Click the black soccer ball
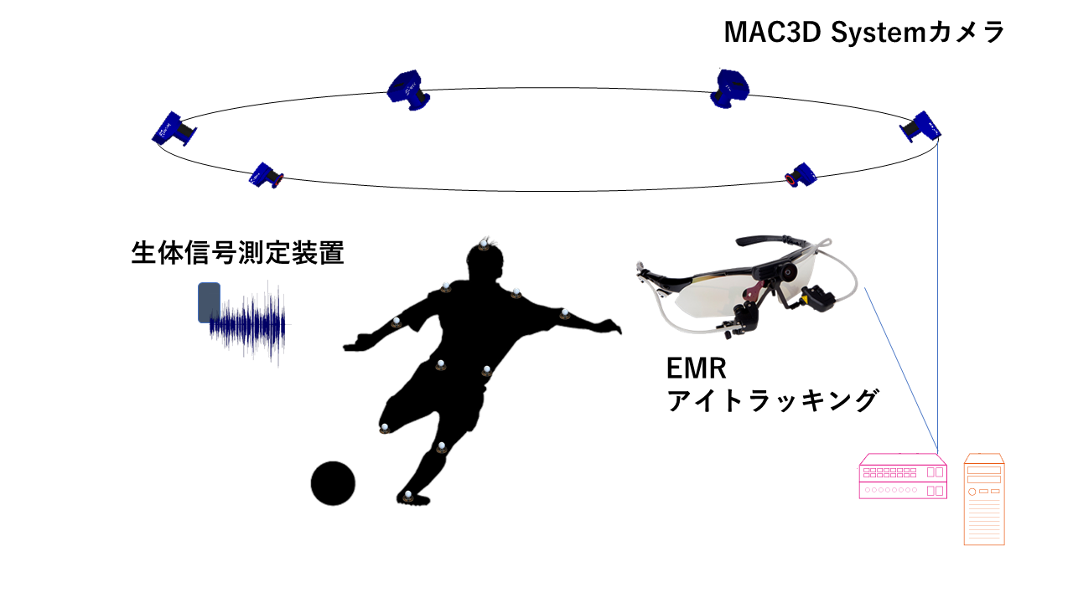[x=333, y=483]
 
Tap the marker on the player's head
[x=484, y=245]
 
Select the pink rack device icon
[x=903, y=477]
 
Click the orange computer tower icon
[x=984, y=499]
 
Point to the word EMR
[x=696, y=368]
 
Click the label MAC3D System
[x=824, y=33]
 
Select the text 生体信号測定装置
[x=237, y=253]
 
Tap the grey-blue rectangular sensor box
[x=210, y=302]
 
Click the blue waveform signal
[x=249, y=326]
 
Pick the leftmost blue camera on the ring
[x=174, y=129]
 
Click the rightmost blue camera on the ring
[x=920, y=126]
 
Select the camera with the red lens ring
[x=801, y=175]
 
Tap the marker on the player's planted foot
[x=408, y=496]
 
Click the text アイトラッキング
[x=773, y=400]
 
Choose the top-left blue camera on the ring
[x=408, y=90]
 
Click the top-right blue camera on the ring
[x=729, y=89]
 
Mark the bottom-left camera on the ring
[x=267, y=176]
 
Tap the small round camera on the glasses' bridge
[x=786, y=272]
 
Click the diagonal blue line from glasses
[x=901, y=370]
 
